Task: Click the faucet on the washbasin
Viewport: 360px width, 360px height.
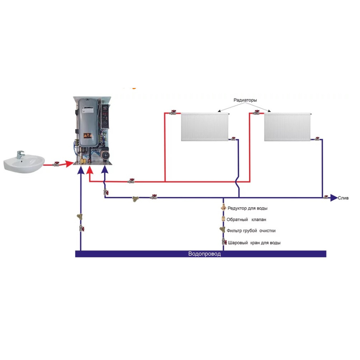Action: tap(20, 154)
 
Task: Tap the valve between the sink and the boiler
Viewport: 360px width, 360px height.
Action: tap(56, 164)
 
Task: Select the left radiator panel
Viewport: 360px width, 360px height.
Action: tap(204, 127)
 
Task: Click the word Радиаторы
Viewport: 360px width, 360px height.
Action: tap(245, 100)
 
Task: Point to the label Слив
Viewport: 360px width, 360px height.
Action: tap(343, 198)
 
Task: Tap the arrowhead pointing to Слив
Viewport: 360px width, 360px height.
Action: tap(334, 198)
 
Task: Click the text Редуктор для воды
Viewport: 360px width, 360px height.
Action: tap(247, 208)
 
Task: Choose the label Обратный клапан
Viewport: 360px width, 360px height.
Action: tap(246, 220)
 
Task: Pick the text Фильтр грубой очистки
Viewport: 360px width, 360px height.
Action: tap(251, 231)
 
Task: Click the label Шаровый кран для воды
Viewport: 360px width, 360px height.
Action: tap(254, 243)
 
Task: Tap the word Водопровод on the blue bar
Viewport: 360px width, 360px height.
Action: tap(204, 254)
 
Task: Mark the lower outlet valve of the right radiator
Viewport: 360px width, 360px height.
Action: tap(317, 139)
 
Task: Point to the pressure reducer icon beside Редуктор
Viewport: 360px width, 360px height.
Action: tap(224, 208)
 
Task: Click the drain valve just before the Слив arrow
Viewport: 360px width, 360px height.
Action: tap(326, 197)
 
